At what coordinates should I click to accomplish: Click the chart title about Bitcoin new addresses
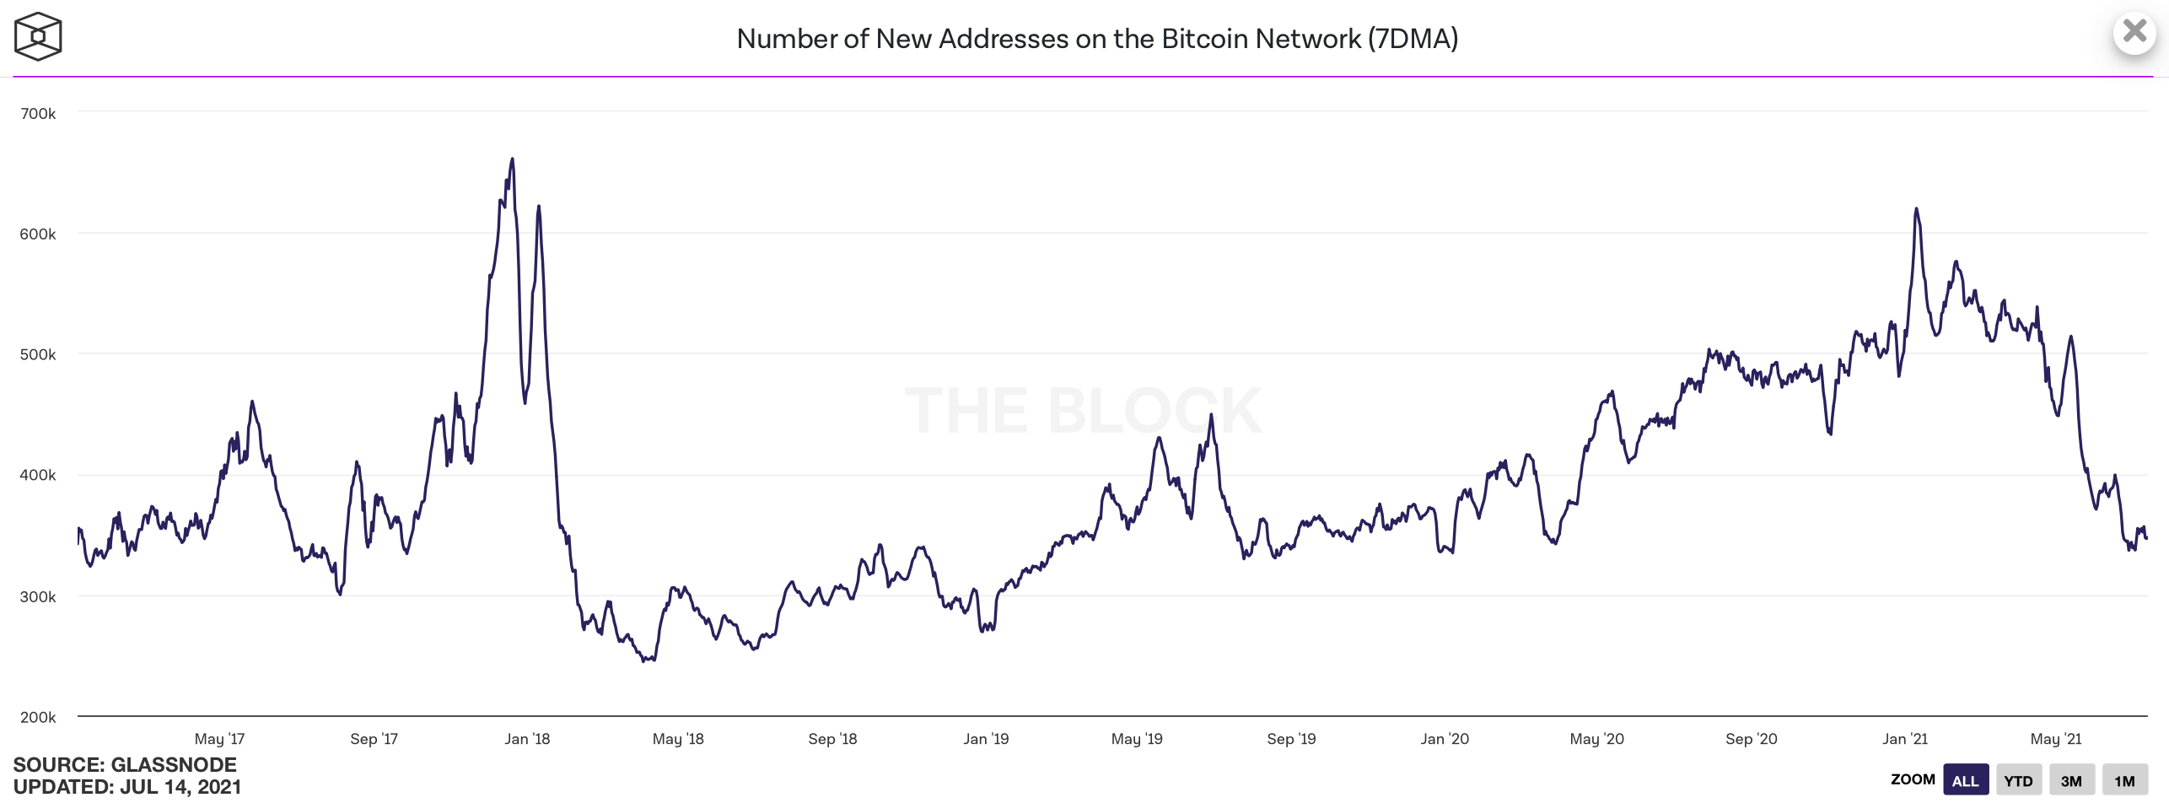[1097, 39]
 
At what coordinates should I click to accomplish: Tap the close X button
[2134, 32]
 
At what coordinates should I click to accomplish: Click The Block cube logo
[38, 36]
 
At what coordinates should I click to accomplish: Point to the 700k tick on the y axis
[38, 114]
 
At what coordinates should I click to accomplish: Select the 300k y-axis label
[38, 597]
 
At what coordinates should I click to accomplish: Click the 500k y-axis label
[38, 355]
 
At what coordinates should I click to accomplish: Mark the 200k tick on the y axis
[38, 718]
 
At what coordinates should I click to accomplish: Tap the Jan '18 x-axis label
[527, 740]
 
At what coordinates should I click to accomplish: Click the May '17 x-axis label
[219, 740]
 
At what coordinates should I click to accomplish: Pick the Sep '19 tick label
[1291, 740]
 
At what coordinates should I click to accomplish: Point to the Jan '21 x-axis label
[1905, 740]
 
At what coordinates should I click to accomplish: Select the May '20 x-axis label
[1596, 740]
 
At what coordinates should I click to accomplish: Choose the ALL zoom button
[1965, 780]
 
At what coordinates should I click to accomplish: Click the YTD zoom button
[2018, 780]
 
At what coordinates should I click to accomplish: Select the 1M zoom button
[2124, 780]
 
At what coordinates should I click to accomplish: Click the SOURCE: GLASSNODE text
[125, 765]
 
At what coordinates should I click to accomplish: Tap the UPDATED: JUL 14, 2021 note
[127, 787]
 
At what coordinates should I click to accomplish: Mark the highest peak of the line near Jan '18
[512, 159]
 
